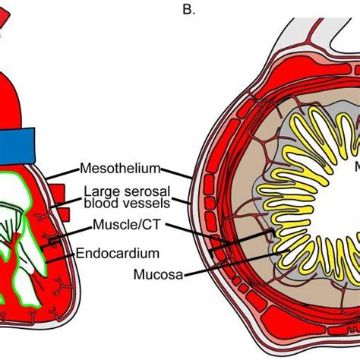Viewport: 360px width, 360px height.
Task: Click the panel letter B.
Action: tap(185, 10)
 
